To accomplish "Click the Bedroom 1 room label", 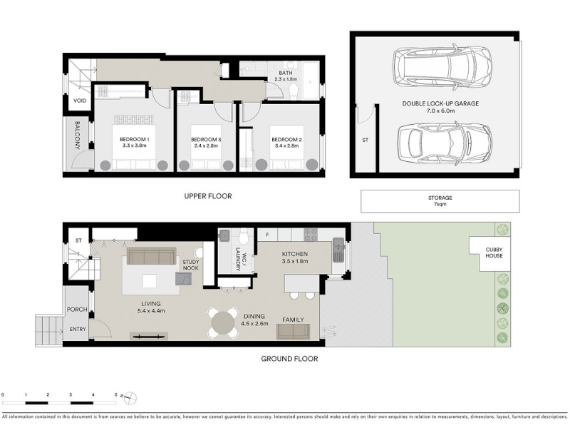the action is (x=135, y=139).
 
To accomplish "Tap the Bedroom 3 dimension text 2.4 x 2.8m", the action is (x=206, y=146).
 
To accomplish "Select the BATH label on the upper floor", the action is (x=286, y=73).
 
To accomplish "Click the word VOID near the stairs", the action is (x=80, y=101).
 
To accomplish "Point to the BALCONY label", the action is (x=78, y=136).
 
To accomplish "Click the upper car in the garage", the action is (x=442, y=67).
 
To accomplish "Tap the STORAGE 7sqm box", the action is (x=440, y=201).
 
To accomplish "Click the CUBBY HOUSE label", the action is (x=494, y=253).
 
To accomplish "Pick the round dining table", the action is (x=223, y=322).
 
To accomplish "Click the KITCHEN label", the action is (x=295, y=254).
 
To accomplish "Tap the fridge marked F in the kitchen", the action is (x=267, y=235).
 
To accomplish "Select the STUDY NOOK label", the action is (x=191, y=265).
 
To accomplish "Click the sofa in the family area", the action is (x=293, y=332).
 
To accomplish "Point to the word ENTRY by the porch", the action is (x=78, y=329).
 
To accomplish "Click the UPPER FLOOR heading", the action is (x=208, y=196).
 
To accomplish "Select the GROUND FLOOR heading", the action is (x=289, y=359).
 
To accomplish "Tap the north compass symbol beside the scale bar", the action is (x=130, y=398).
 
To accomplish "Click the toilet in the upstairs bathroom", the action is (x=294, y=91).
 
